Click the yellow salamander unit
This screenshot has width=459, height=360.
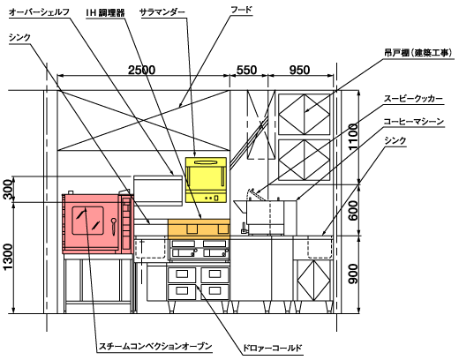206,180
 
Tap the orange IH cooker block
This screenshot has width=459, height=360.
199,229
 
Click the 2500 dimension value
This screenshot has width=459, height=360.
142,70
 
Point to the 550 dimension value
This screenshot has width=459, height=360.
246,70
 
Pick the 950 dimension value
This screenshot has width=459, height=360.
299,70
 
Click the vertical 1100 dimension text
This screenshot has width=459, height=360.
353,137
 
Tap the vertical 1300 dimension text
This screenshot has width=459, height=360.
8,257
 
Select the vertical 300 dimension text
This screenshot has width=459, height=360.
8,190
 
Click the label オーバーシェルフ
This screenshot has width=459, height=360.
39,12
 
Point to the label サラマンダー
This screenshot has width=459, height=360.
162,12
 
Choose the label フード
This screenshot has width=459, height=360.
241,10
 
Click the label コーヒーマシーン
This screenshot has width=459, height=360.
414,122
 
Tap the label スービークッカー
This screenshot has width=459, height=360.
413,99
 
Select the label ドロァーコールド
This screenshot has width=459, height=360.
272,349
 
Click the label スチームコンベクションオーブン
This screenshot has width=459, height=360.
155,346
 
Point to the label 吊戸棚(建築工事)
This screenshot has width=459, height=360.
418,53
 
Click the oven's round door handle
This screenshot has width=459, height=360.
114,226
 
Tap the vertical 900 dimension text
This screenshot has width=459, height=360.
353,274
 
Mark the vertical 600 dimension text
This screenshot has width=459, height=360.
353,211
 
